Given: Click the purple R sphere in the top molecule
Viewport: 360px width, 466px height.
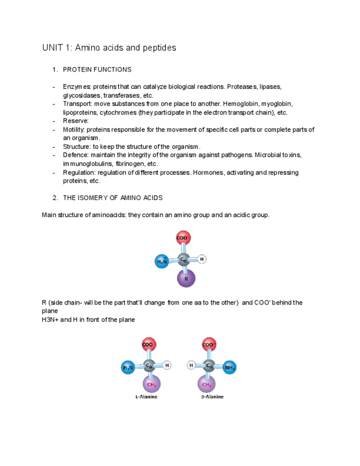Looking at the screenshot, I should [186, 278].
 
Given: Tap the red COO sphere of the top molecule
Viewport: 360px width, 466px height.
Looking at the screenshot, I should [183, 238].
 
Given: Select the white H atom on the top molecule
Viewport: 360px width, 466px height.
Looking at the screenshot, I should [202, 259].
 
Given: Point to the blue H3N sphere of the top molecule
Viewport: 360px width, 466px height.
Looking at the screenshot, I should [162, 262].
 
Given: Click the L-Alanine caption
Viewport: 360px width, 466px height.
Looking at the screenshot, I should [146, 397].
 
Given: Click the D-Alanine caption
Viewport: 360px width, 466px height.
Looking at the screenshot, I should [212, 397].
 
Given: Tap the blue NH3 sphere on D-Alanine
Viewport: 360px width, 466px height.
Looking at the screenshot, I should [230, 367].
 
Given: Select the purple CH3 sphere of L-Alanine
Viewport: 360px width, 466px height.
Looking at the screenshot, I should [151, 384].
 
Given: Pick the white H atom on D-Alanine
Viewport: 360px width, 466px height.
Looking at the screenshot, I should [191, 365].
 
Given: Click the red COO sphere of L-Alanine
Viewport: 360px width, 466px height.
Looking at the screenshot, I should [148, 345].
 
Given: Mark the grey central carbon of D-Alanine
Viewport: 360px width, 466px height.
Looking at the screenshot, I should [210, 365].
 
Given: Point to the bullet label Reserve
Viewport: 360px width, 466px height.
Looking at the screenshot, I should [75, 121].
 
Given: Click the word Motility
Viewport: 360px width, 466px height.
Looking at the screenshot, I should [74, 130].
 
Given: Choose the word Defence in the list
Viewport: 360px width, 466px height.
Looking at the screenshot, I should [75, 156].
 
